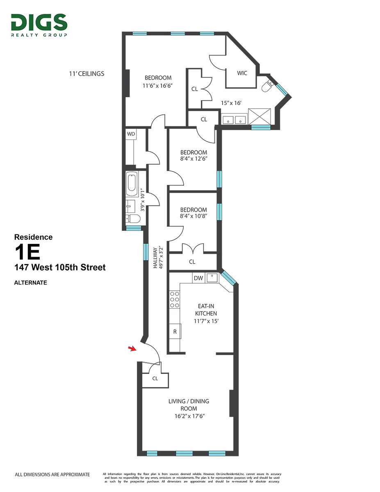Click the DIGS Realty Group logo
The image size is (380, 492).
click(x=39, y=25)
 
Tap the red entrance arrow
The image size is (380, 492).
click(x=132, y=348)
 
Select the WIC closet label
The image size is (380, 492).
click(x=242, y=73)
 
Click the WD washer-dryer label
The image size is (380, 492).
click(x=131, y=134)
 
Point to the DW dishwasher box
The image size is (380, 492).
click(x=198, y=278)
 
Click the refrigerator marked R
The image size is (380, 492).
click(x=175, y=332)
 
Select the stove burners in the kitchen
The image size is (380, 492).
click(x=174, y=299)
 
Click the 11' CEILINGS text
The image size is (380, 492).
click(x=86, y=74)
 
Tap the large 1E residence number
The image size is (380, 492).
click(x=27, y=252)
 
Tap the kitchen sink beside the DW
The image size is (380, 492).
click(x=212, y=278)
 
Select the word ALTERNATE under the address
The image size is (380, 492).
click(x=30, y=282)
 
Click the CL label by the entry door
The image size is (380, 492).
click(x=155, y=378)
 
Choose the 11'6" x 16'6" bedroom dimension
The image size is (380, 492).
click(x=158, y=86)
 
